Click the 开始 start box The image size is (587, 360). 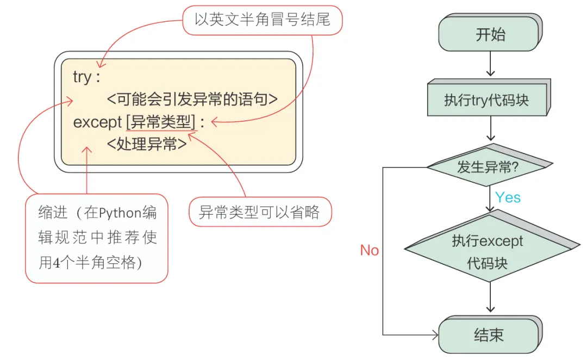coord(490,35)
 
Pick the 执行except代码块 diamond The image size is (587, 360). coord(487,252)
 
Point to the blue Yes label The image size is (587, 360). coord(508,197)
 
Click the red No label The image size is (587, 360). coord(370,250)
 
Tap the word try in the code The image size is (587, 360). coord(82,77)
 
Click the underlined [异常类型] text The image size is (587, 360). coord(160,122)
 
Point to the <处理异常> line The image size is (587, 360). coord(147,144)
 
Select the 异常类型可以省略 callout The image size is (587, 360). coord(259,212)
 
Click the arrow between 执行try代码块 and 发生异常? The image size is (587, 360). coord(491,129)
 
